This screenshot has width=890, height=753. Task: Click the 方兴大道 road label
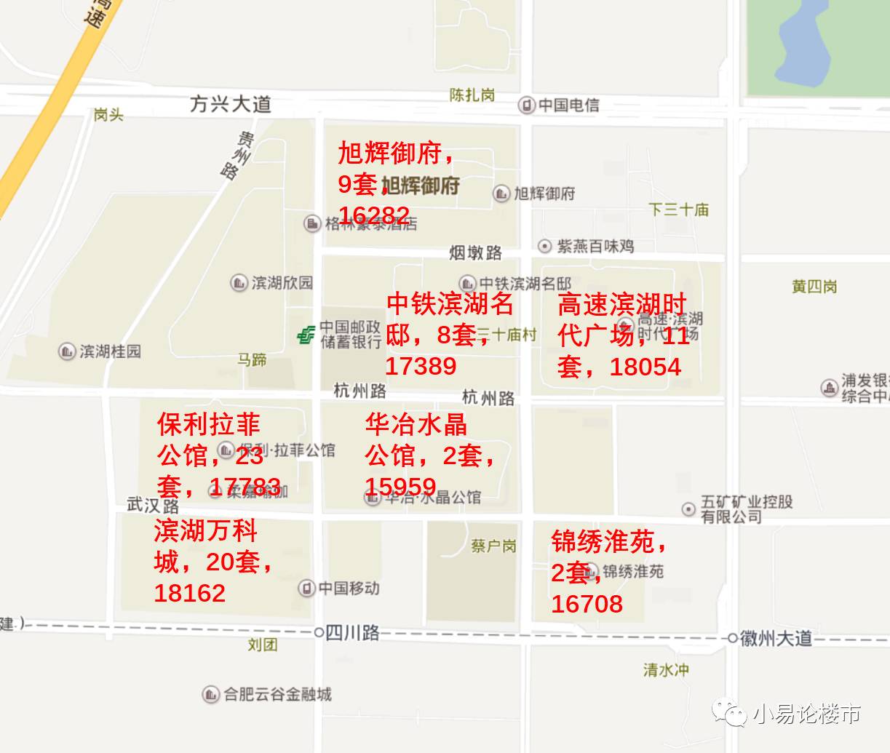click(x=230, y=104)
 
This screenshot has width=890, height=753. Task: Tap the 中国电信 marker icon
click(x=526, y=105)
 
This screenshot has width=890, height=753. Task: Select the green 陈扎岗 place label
click(x=472, y=95)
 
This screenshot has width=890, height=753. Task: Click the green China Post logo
click(x=306, y=335)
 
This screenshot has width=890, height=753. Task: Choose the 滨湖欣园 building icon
click(x=239, y=282)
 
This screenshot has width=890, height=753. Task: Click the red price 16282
click(x=374, y=215)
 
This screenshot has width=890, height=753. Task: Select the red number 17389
click(x=421, y=365)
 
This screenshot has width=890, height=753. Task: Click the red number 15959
click(x=400, y=487)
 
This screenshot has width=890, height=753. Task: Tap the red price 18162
click(x=190, y=593)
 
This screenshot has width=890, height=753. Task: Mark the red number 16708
click(x=587, y=603)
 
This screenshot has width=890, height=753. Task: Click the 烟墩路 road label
click(x=475, y=252)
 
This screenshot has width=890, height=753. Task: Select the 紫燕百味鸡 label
click(x=595, y=247)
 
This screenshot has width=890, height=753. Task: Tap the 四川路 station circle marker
click(x=319, y=633)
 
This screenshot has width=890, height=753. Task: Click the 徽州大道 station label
click(x=776, y=639)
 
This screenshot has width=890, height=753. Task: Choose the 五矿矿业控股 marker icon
click(x=688, y=509)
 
